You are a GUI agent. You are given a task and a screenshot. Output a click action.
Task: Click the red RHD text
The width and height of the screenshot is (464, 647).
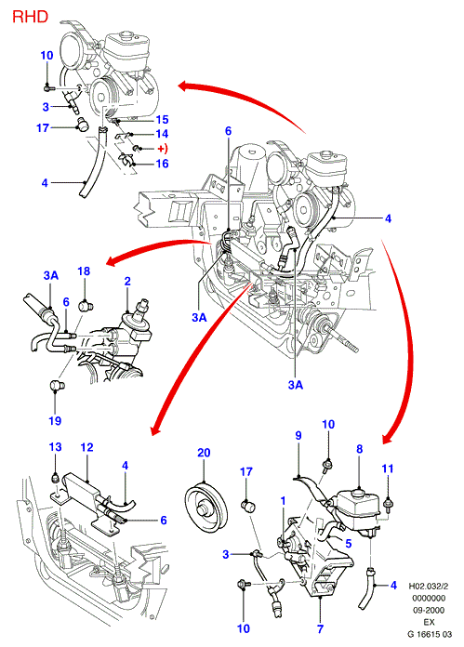point(30,17)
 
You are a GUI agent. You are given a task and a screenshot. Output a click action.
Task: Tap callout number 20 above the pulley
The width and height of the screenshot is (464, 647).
point(204,453)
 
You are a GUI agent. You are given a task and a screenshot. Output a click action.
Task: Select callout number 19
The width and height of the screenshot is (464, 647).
point(55,421)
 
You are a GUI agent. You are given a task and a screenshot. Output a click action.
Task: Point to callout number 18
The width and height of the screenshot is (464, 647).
point(84,271)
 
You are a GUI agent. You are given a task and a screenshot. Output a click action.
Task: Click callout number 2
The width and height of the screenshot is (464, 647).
point(127,281)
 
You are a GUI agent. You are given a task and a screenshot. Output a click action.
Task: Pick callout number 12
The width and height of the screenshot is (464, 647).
point(87,447)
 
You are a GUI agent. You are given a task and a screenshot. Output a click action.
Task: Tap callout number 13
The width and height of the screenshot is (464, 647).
point(55,447)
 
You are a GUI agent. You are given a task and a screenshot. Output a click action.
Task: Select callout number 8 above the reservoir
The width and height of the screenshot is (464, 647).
point(360,449)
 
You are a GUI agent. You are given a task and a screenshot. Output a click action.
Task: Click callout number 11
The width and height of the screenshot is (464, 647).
point(388,469)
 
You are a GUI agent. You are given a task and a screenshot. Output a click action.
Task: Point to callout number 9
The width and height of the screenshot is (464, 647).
point(298,435)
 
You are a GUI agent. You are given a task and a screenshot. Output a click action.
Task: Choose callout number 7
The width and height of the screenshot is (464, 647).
point(321,628)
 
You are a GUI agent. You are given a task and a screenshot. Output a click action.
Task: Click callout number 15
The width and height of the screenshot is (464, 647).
point(162,119)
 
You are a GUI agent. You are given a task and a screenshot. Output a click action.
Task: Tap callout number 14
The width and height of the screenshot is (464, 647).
point(162,134)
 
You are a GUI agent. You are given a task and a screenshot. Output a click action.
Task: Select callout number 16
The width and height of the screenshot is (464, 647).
point(162,164)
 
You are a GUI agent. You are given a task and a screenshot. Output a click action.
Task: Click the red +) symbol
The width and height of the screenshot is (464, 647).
point(163,148)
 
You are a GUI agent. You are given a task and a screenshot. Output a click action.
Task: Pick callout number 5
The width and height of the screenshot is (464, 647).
point(349,544)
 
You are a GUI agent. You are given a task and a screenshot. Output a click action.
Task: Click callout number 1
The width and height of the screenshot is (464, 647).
point(284,501)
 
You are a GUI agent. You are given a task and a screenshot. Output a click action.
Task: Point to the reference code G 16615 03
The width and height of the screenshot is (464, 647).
point(430,634)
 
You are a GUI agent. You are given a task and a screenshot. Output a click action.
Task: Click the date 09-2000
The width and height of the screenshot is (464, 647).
point(430,610)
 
